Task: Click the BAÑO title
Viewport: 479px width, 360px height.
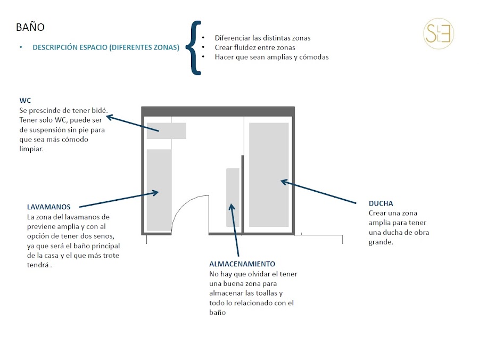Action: (x=30, y=27)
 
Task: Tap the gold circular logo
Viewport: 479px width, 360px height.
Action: (x=439, y=33)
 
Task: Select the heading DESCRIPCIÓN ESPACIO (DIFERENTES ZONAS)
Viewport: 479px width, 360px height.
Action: (x=106, y=47)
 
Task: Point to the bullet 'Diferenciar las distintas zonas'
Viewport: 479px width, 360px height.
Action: (x=262, y=38)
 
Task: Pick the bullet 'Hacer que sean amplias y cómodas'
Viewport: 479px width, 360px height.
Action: (x=271, y=57)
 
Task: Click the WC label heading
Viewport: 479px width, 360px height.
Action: (x=24, y=100)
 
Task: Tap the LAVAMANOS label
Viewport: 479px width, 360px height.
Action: (x=48, y=207)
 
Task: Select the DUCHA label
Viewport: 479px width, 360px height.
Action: (x=381, y=203)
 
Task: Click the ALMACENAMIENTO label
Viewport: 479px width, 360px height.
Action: (x=242, y=264)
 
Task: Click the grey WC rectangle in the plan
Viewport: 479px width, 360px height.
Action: (x=166, y=130)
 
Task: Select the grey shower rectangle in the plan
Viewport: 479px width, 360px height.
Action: (x=269, y=175)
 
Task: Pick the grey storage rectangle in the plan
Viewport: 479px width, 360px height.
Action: (x=233, y=197)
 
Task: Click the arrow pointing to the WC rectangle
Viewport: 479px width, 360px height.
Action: (x=136, y=121)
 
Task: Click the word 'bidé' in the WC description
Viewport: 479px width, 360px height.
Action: (x=100, y=110)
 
